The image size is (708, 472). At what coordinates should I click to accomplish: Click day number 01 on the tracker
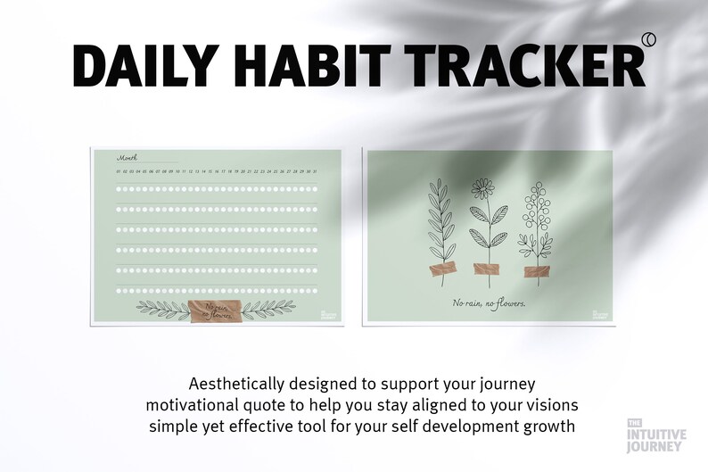[x=118, y=170]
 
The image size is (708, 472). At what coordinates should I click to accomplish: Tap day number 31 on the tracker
[x=313, y=170]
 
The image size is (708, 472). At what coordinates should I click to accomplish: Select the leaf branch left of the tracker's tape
[x=160, y=310]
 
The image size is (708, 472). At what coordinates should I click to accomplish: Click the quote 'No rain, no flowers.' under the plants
[x=488, y=303]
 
